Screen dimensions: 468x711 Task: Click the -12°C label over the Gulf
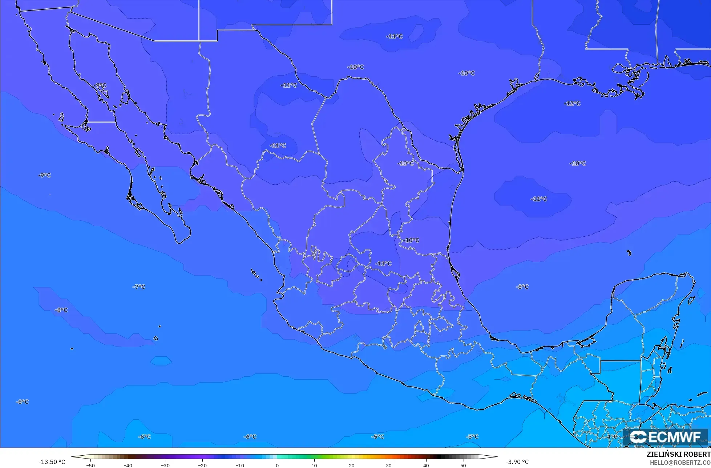572,104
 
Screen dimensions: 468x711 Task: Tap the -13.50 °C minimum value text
52,462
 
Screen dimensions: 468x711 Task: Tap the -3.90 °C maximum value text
517,462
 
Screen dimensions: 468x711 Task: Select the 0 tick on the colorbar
277,465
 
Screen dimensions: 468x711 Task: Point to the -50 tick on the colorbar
90,465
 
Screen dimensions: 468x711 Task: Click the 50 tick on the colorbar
463,465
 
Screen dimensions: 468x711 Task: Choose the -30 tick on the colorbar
165,465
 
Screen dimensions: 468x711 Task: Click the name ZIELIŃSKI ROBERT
678,455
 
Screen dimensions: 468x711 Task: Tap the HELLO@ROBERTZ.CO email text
680,463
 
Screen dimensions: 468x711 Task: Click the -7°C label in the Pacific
139,287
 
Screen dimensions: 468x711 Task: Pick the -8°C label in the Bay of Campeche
522,287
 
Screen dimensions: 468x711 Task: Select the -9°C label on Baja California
100,85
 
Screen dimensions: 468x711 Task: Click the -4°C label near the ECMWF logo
611,436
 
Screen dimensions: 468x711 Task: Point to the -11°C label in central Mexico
383,264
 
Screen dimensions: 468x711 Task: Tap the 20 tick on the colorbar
351,465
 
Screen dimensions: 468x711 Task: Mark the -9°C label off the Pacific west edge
44,175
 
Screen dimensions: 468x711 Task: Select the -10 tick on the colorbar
239,465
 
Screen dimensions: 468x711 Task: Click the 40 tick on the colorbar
426,465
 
